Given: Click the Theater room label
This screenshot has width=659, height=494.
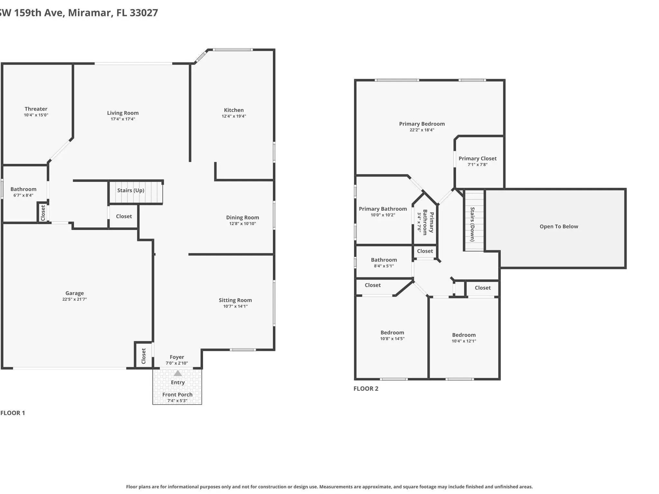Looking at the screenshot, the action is point(36,109).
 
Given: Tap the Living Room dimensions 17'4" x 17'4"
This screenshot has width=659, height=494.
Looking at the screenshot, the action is point(123,119).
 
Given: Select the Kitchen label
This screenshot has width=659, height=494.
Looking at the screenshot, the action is point(234,110).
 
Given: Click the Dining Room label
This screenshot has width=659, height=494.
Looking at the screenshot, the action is point(243,217).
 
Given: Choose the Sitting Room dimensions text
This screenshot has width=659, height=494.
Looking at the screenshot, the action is point(236,306).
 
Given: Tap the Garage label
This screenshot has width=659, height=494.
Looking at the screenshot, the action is point(75,293).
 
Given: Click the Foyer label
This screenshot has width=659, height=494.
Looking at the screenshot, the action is point(177,357).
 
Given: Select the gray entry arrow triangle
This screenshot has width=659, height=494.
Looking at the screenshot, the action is point(178,373).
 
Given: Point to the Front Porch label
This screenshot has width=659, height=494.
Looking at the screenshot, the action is point(177,395).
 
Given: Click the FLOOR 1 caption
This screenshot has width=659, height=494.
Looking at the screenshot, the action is point(13,413).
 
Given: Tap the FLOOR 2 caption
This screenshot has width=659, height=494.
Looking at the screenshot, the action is point(366,389).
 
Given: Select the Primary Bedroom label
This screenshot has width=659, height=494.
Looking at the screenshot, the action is point(422,124).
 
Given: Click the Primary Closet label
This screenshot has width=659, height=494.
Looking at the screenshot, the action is point(478,159).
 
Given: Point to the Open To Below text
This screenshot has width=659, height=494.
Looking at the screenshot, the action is point(559,226).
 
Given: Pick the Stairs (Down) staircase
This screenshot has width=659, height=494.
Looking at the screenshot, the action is point(474,220).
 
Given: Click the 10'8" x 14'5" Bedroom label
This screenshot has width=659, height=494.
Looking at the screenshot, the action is point(392,333).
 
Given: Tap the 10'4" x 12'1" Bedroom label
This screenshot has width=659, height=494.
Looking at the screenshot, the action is point(464,335).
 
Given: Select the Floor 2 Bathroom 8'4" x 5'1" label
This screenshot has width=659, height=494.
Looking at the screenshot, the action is point(384,260).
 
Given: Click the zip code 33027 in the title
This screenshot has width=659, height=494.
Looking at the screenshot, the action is point(144,13).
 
